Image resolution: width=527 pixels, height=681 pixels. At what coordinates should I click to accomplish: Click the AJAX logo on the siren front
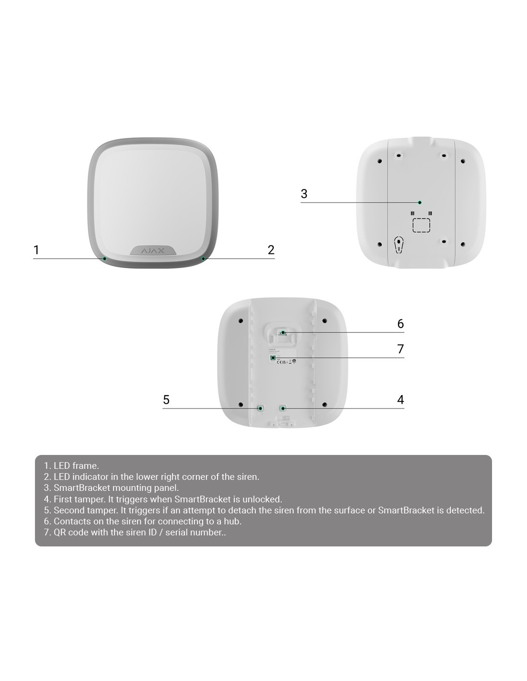coord(152,251)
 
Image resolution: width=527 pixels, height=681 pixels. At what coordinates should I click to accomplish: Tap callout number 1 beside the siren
coord(36,250)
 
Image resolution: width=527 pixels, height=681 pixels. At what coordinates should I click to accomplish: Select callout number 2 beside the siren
coord(271,250)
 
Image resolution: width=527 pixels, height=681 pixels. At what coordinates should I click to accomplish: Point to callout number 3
coord(304,193)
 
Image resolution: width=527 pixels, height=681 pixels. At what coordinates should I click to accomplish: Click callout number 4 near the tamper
coord(401,399)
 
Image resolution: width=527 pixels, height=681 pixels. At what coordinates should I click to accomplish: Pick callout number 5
coord(166,399)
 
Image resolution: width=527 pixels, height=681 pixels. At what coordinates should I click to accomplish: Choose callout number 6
coord(401,324)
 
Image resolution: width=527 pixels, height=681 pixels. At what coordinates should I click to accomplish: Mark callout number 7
coord(401,349)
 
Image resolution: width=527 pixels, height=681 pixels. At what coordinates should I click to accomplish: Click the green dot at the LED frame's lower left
coord(104,259)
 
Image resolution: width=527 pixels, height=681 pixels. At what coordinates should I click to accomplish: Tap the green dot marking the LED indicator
coord(203,259)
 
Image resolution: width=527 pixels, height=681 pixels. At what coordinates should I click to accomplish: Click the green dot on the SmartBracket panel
coord(420,203)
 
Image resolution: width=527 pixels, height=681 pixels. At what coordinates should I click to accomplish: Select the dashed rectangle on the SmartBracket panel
coord(421,225)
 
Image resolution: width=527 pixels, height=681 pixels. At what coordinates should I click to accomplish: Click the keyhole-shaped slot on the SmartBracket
coord(399,245)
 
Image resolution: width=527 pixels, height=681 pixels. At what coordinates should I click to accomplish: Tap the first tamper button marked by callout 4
coord(283,409)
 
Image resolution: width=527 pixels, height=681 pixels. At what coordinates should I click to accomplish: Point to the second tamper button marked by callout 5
coord(260,409)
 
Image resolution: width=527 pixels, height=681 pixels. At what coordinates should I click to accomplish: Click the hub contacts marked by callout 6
coord(283,333)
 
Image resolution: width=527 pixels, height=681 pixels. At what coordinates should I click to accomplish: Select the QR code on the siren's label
coord(273,358)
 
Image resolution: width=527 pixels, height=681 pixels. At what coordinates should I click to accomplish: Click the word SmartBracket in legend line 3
coord(82,488)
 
